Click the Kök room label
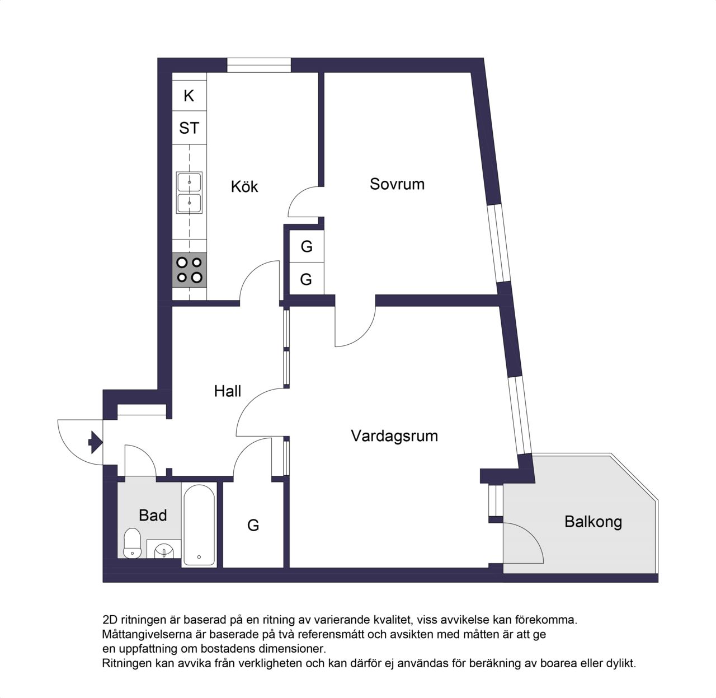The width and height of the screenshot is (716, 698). pos(244,186)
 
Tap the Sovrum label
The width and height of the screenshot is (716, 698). pos(397,184)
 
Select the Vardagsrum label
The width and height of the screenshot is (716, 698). pos(394,436)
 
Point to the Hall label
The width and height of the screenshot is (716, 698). pos(227,391)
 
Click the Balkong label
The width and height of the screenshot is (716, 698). pos(593,522)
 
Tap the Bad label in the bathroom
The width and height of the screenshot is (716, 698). pos(153,516)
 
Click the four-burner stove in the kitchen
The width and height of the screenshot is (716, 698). pos(190,270)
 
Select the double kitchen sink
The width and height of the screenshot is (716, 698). pos(189,193)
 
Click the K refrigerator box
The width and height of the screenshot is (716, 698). pos(189,96)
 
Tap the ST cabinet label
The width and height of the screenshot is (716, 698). pos(189,128)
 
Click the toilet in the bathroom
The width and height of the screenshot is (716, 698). pos(132,543)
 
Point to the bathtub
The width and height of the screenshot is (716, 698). pos(199,525)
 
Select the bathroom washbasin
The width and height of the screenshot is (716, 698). pos(164,549)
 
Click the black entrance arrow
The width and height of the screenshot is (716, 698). pos(95,442)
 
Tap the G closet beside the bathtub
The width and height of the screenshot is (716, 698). pos(253,526)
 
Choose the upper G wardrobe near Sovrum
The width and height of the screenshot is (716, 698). pos(307,246)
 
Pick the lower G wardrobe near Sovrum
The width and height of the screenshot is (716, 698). pos(307,279)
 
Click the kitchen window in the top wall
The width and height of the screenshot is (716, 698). pos(258,65)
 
